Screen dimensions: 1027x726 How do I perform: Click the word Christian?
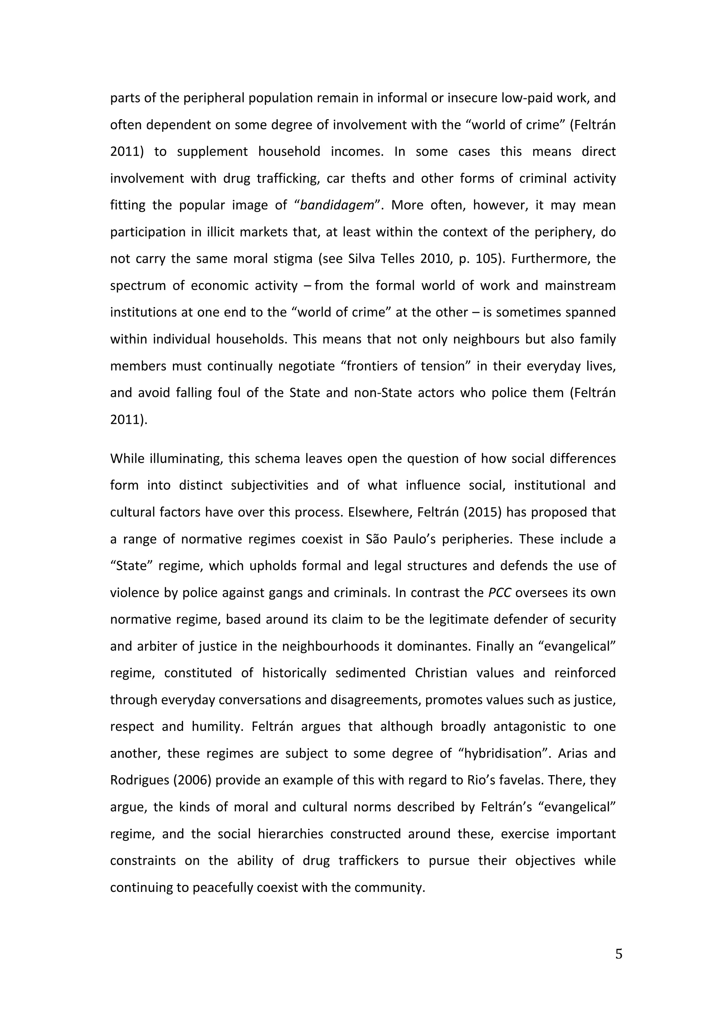(x=441, y=673)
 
